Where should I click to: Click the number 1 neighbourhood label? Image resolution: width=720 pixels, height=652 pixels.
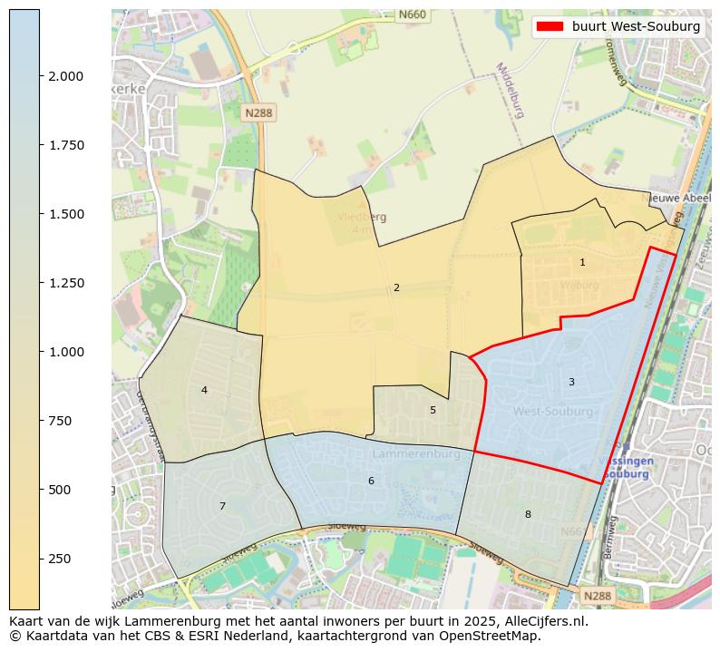pos(582,262)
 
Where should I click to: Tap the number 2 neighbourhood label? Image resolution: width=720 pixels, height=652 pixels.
pos(396,287)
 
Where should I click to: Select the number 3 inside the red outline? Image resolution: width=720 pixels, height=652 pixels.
pos(571,382)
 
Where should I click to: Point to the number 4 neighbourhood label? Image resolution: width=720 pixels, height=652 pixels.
pos(204,390)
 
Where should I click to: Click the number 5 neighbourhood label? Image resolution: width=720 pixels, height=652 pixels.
pos(433,410)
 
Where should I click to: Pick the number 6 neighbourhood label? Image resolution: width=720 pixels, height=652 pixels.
pos(371,481)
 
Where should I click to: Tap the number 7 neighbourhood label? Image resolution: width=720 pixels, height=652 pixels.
pos(222,506)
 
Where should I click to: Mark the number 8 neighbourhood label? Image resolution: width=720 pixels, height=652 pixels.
pos(528,514)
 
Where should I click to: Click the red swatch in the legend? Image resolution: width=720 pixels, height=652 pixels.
pos(550,26)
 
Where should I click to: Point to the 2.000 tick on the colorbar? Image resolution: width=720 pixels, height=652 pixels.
pos(66,76)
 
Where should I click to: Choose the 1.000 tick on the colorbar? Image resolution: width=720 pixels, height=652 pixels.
pos(66,352)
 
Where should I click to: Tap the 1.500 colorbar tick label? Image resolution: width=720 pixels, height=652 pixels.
pos(66,214)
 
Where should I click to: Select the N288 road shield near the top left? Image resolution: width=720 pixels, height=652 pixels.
pos(258,112)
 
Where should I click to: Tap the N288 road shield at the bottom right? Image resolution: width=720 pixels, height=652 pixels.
pos(597,596)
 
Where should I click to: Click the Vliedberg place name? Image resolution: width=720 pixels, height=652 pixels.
pos(362,217)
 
